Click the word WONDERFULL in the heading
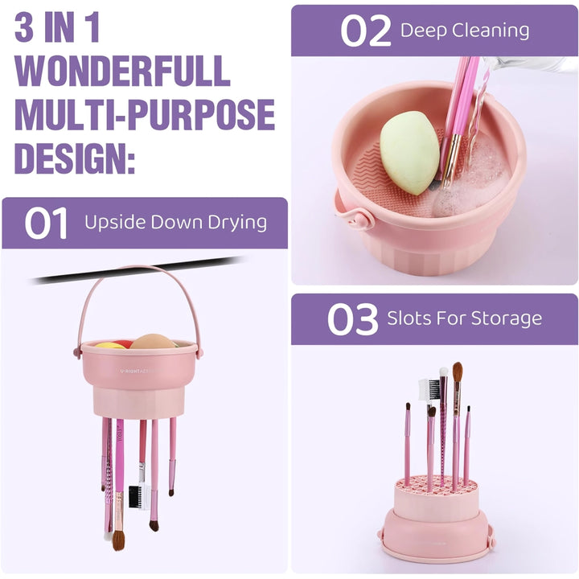point(122,71)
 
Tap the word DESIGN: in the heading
point(75,158)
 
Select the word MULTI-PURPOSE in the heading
point(145,114)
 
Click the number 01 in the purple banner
point(46,223)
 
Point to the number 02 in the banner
point(365,31)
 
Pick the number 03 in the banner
point(353,319)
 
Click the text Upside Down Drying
point(175,223)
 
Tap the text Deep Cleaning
point(465,31)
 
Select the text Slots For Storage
point(465,318)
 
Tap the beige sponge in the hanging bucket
point(152,341)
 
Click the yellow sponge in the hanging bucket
point(110,345)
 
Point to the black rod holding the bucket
point(137,270)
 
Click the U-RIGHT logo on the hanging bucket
point(137,371)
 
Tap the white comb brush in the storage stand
point(429,389)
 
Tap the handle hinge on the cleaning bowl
point(363,219)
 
